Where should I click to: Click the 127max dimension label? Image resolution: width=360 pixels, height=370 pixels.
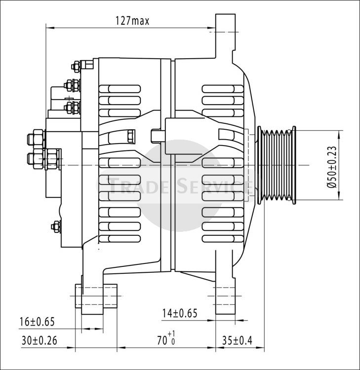click(x=132, y=21)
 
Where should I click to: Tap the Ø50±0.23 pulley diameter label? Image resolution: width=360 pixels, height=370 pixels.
click(x=332, y=167)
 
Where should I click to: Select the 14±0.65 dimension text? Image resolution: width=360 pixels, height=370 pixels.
click(x=180, y=313)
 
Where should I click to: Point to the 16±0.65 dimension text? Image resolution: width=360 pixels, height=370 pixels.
click(x=37, y=322)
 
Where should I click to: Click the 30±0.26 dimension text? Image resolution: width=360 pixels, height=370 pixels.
click(x=39, y=340)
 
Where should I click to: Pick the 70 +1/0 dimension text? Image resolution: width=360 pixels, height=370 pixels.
click(x=166, y=338)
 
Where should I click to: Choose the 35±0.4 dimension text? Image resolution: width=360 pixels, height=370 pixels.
click(x=237, y=340)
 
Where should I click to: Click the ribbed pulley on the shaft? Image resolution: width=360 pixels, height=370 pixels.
click(x=277, y=165)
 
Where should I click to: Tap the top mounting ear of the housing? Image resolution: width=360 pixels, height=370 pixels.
click(x=225, y=36)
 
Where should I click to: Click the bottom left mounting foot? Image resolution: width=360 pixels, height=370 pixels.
click(x=96, y=299)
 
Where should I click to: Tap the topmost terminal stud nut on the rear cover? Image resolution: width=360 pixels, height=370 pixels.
click(x=76, y=66)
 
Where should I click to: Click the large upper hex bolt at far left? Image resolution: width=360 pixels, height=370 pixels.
click(x=36, y=139)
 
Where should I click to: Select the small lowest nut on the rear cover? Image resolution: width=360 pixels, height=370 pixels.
click(x=56, y=226)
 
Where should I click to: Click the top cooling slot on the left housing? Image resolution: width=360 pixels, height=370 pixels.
click(x=120, y=89)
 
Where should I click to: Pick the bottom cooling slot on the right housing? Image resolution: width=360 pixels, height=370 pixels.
click(x=223, y=239)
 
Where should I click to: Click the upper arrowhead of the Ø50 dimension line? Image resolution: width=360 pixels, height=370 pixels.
click(x=339, y=135)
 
